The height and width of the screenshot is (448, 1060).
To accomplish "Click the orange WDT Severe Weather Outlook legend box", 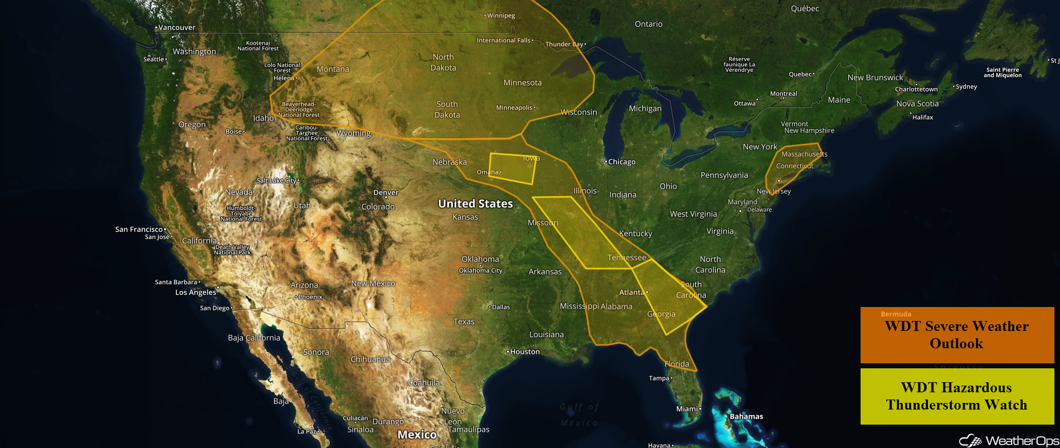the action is click(956, 335).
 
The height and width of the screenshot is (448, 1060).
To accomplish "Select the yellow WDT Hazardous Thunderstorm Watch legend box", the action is click(956, 396).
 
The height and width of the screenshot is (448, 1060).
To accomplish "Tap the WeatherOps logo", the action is click(1008, 441).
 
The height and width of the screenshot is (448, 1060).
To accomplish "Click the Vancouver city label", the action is click(177, 27).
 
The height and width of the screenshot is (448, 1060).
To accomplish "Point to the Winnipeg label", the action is click(501, 16).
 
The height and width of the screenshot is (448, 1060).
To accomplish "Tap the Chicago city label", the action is click(622, 162).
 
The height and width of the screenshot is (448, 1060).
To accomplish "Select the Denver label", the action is click(386, 193).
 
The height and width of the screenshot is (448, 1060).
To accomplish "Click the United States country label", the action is click(475, 204).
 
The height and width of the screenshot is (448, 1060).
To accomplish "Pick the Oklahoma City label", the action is click(481, 271).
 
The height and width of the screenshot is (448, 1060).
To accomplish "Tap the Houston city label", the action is click(525, 352).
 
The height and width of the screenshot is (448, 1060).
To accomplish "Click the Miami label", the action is click(687, 409).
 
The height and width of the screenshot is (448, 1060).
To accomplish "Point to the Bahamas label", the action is click(746, 417).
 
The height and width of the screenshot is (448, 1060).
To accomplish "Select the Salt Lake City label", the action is click(276, 181).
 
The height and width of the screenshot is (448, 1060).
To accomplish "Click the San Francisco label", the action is click(139, 230).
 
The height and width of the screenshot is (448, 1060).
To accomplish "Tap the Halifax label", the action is click(922, 118).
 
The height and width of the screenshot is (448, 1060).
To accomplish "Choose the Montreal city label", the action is click(783, 94).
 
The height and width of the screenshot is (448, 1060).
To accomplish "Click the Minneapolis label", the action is click(514, 108).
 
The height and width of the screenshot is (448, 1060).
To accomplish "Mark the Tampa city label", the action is click(659, 378).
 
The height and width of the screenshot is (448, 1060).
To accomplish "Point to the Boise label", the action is click(233, 132).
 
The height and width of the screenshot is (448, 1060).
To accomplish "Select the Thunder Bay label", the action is click(564, 44).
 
